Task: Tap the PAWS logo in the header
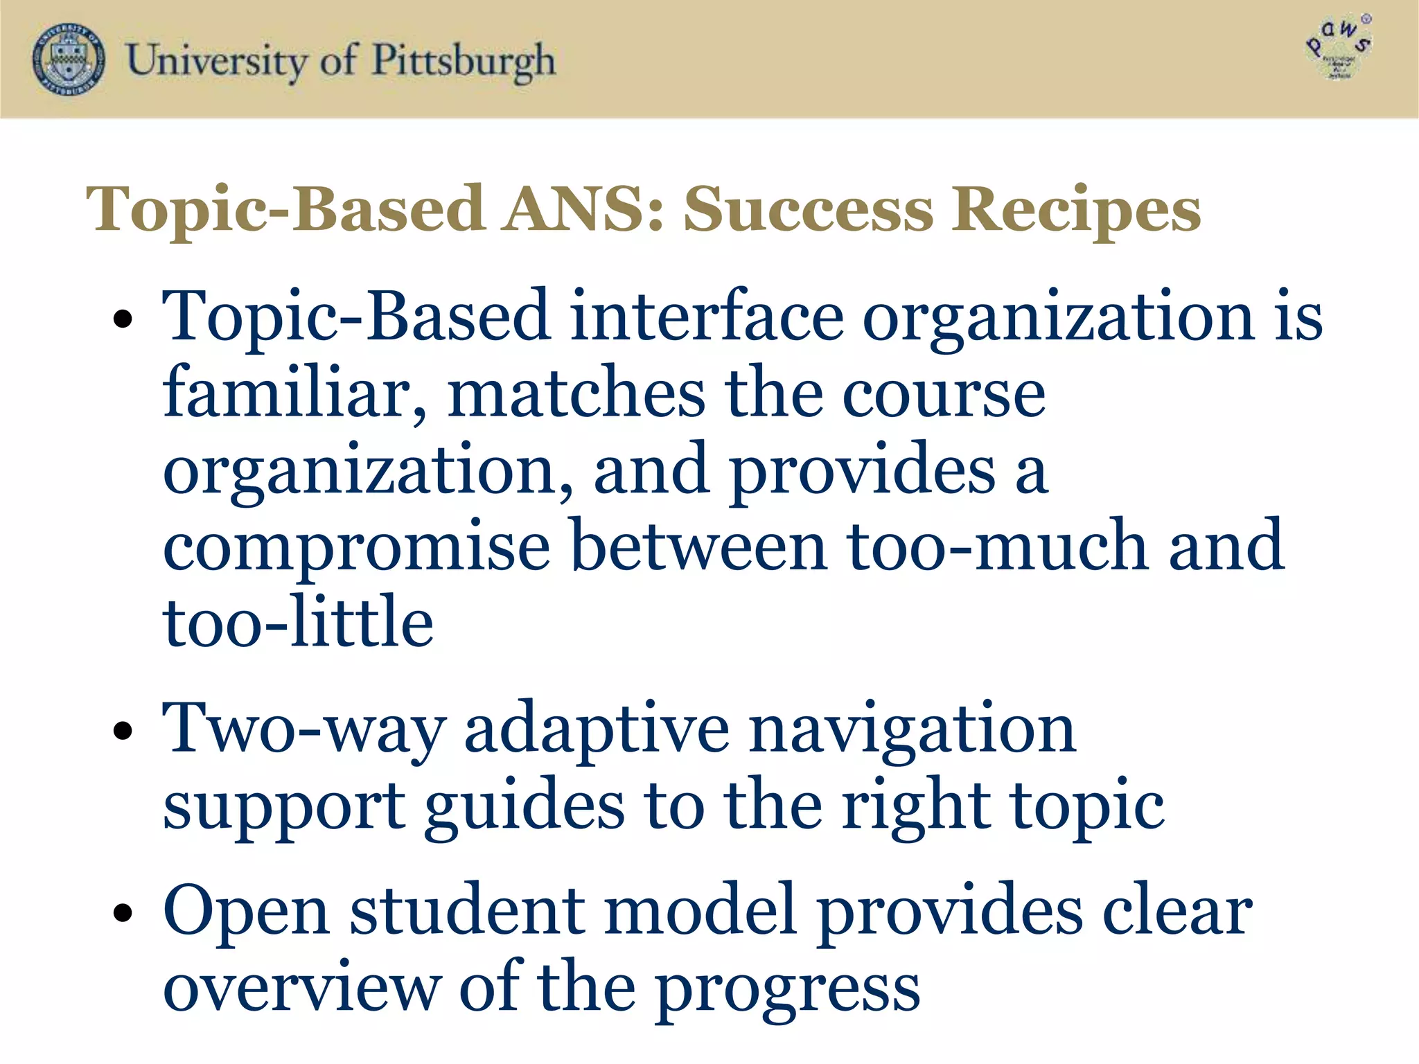pos(1339,48)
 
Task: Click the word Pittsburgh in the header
pos(464,61)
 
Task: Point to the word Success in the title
pos(809,210)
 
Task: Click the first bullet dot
pos(123,320)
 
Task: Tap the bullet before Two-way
pos(123,731)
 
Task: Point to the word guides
pos(525,808)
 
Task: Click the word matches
pos(576,393)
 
